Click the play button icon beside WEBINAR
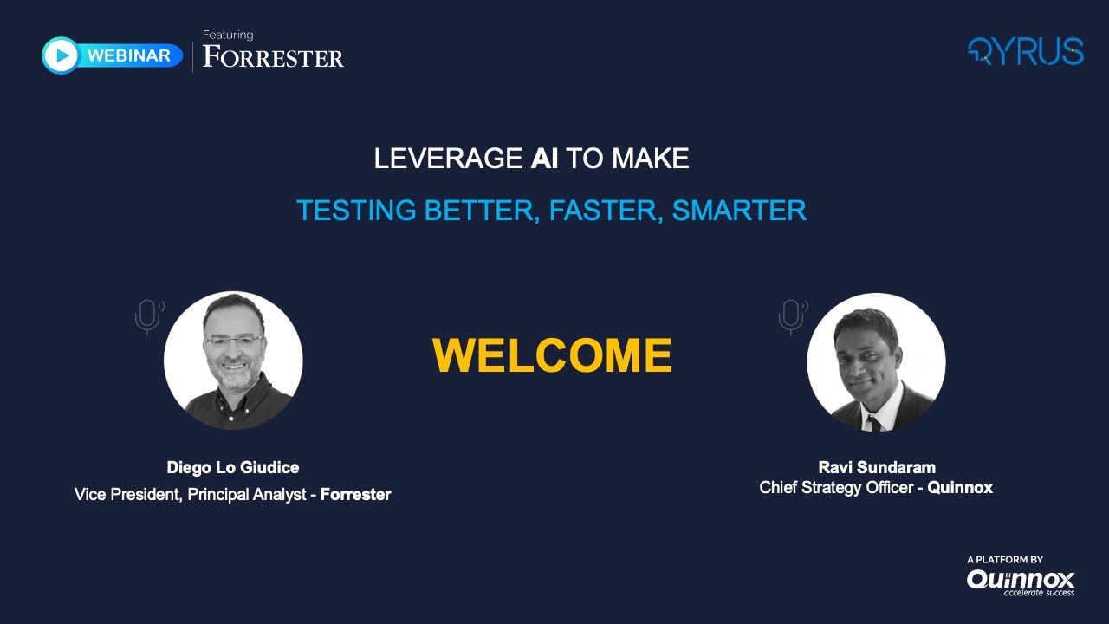61,55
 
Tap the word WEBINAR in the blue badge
129,56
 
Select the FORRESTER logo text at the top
273,58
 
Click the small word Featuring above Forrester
228,35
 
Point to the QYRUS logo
1025,52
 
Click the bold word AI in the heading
544,159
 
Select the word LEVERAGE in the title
449,159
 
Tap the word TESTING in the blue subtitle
356,210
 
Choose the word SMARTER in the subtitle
739,210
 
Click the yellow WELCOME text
552,355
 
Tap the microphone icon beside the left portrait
148,316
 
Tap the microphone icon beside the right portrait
791,316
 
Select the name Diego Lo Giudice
233,468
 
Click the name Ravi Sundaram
877,468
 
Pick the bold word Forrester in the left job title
355,495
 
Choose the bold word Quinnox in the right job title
960,488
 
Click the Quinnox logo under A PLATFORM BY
1021,580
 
